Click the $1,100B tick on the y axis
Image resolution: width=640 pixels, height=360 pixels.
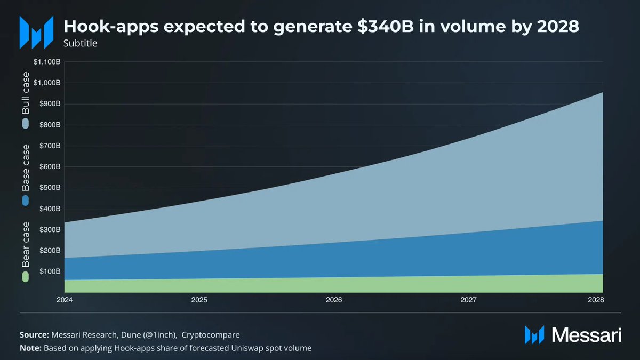47,62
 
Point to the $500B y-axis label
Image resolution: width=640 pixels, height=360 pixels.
50,188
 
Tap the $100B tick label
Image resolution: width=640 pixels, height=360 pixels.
50,271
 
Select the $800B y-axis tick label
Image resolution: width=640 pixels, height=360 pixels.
50,125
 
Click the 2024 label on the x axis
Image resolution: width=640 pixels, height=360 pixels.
65,300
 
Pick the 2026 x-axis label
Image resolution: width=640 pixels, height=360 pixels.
334,300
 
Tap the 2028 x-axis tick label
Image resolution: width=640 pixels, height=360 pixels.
597,300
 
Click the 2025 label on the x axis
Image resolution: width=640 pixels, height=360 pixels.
199,300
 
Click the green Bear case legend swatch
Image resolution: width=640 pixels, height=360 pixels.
25,277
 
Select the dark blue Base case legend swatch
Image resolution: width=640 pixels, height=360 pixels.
25,201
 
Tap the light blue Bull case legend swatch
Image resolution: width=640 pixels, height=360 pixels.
25,124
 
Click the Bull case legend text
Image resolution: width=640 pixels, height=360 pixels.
25,93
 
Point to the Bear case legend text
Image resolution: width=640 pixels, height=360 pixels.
25,245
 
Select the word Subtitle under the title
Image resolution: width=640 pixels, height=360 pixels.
80,43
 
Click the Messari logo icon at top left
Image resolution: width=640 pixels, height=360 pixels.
36,32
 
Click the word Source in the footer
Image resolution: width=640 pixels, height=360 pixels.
34,335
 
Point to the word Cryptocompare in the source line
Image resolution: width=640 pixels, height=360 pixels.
211,335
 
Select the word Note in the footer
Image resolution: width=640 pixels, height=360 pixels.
30,348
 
